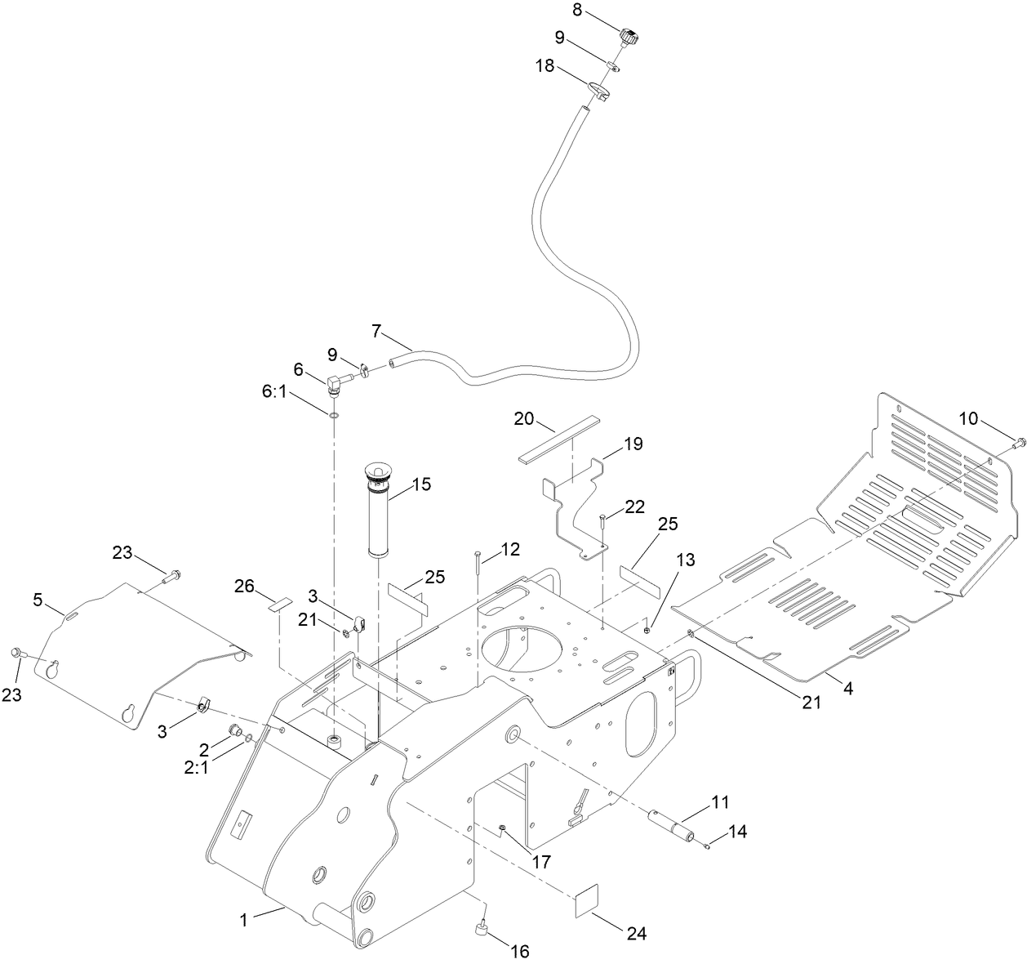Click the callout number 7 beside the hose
pos(376,331)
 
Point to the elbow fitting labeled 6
pos(335,382)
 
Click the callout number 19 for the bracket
pos(634,444)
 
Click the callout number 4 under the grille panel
pos(847,689)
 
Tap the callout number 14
pos(736,832)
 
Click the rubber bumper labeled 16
pos(480,929)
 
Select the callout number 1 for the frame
pos(243,919)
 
